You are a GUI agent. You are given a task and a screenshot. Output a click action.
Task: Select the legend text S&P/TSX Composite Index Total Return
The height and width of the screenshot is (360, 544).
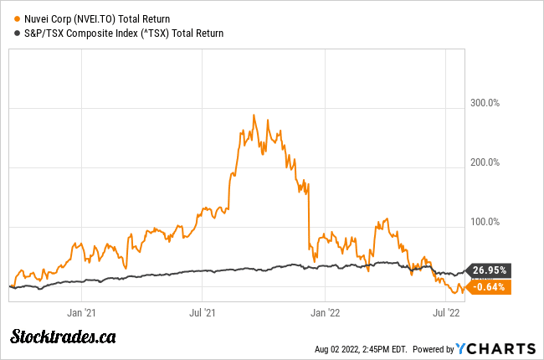tap(124, 33)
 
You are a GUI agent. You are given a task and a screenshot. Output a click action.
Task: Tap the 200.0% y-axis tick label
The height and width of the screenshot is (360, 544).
tap(483, 162)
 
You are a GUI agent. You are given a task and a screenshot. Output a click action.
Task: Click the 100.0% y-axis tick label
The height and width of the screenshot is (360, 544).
tap(483, 222)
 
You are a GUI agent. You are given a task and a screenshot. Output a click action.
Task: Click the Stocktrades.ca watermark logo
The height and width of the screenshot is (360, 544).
tap(63, 337)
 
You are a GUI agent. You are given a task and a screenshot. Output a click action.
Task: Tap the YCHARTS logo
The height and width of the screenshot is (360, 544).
tap(496, 347)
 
